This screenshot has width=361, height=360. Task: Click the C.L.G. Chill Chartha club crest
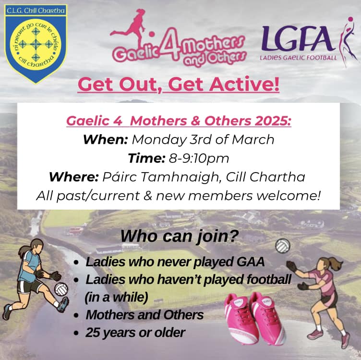click(x=36, y=44)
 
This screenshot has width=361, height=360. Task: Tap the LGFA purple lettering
click(x=299, y=39)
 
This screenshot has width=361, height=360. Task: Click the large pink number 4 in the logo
click(x=170, y=44)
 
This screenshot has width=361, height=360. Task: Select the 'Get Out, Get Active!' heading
click(x=179, y=85)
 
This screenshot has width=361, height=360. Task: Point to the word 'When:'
click(x=106, y=139)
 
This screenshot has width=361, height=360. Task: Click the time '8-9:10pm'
click(x=199, y=158)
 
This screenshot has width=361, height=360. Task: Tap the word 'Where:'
click(x=74, y=177)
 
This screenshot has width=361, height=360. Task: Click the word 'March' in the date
click(x=253, y=139)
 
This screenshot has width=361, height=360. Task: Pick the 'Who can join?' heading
click(x=180, y=236)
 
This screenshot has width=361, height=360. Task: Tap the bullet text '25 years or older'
click(x=135, y=333)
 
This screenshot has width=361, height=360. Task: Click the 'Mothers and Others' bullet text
click(x=144, y=315)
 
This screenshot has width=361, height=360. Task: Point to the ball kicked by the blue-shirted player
click(x=61, y=289)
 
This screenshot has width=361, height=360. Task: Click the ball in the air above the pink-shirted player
click(x=283, y=246)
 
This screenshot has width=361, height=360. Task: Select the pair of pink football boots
click(x=255, y=318)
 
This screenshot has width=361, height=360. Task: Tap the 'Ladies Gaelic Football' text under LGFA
click(x=299, y=58)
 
